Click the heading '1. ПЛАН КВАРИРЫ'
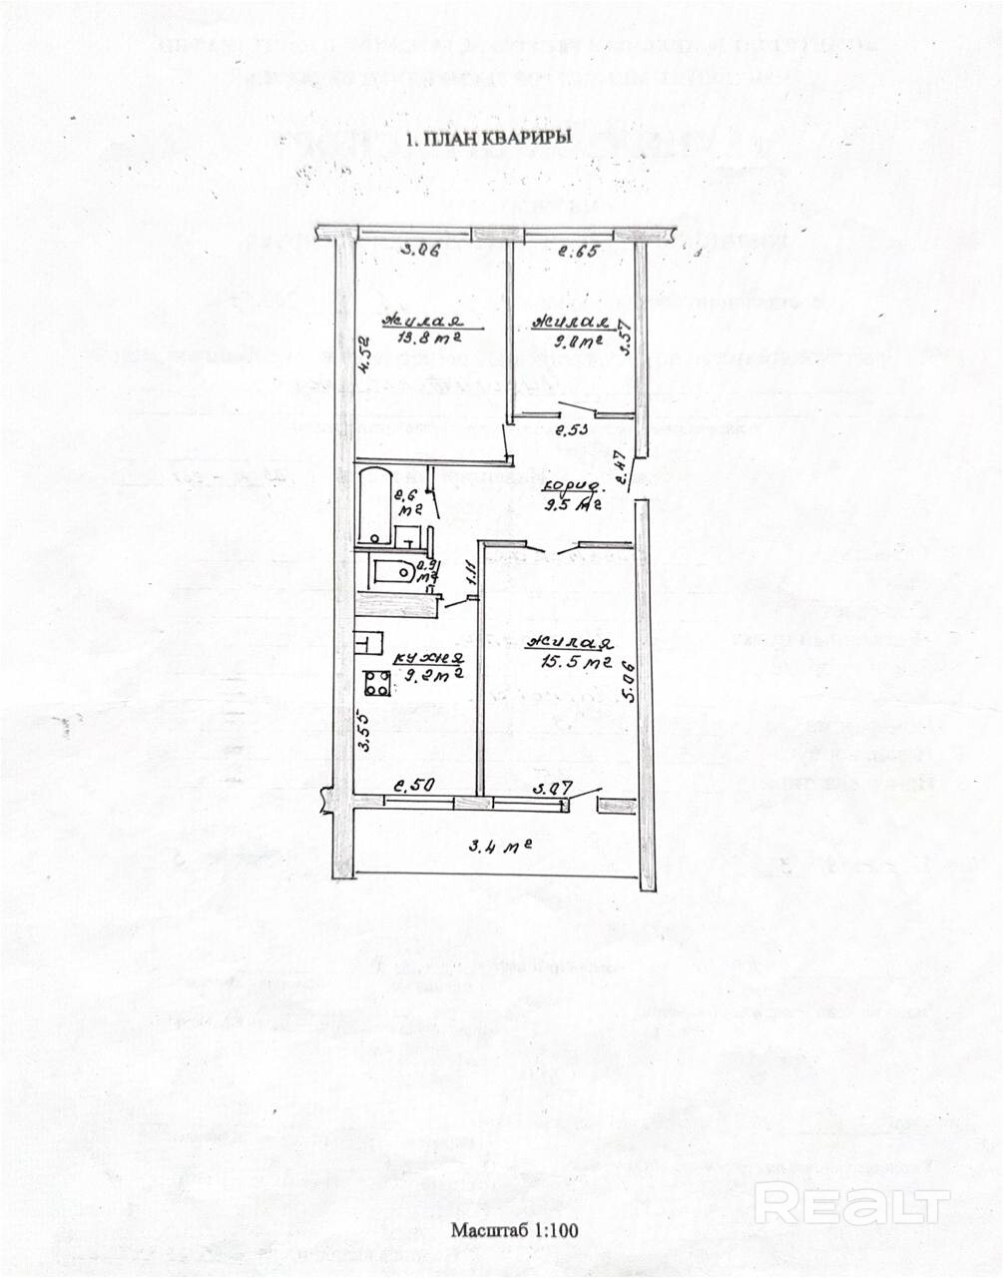click(x=488, y=140)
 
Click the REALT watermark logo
click(x=851, y=1205)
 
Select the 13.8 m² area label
click(x=420, y=341)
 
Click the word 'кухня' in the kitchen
click(x=427, y=658)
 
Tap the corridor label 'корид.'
click(x=572, y=487)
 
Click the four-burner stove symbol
click(x=377, y=684)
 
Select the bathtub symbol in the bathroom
click(x=371, y=503)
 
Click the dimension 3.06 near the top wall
click(x=420, y=252)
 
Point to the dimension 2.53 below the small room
click(x=571, y=430)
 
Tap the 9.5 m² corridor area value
click(x=571, y=504)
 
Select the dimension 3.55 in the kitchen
click(x=365, y=730)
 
